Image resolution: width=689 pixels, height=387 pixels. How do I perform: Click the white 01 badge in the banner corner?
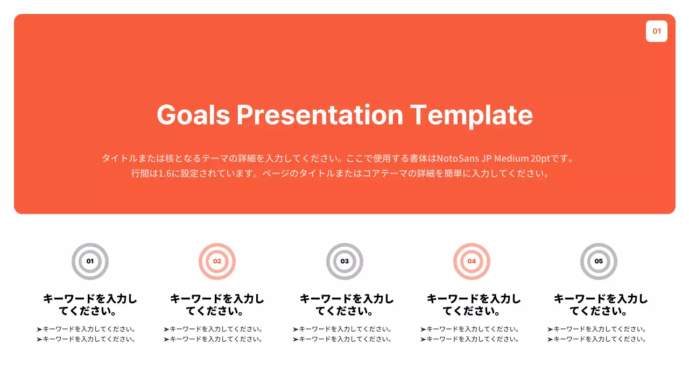coord(656,31)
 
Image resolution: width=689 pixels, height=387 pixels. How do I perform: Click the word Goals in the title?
coord(193,114)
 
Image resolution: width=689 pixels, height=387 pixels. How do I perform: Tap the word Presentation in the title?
coord(320,114)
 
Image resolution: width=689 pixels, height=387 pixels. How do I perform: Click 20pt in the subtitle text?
coord(540,159)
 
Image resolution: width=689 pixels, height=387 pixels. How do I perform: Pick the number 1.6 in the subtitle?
coord(165,174)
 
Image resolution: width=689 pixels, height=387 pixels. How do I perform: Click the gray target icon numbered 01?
coord(90,261)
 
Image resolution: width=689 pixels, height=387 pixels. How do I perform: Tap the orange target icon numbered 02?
coord(217,261)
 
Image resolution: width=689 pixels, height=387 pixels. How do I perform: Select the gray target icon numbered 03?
coord(344,261)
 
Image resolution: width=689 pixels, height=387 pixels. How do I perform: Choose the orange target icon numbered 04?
coord(472,261)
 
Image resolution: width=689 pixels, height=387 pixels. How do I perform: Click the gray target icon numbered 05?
coord(599,261)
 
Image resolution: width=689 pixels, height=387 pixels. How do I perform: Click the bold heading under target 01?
coord(90,305)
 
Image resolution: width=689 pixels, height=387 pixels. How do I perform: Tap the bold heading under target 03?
coord(347,305)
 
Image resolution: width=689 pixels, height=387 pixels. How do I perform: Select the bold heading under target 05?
coord(601,305)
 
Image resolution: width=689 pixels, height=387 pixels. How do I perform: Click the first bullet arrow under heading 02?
coord(166,329)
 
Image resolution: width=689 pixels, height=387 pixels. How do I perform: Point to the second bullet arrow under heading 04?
coord(423,339)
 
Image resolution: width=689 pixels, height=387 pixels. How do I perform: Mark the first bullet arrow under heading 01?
coord(39,329)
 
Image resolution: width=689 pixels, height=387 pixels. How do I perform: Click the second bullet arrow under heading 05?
coord(550,339)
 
